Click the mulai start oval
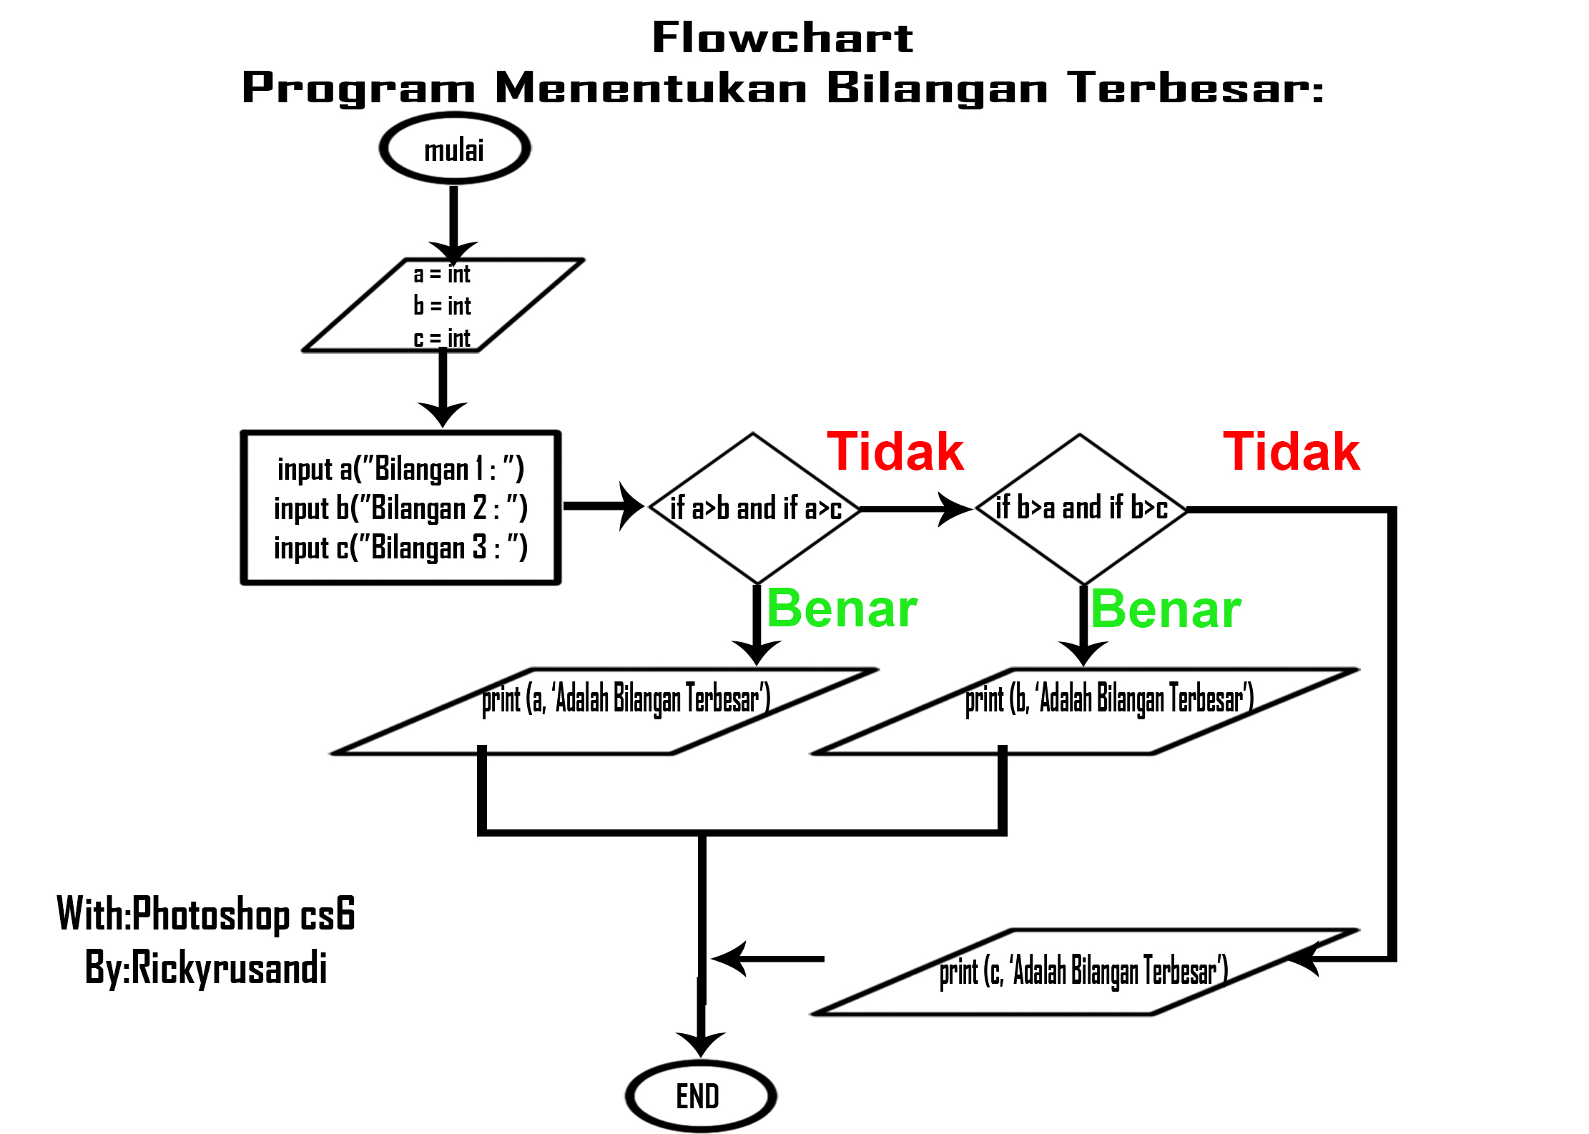[454, 149]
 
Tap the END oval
[700, 1095]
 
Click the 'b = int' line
[442, 306]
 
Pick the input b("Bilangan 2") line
[400, 508]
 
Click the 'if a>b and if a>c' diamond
[755, 508]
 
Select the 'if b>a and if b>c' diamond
[1081, 508]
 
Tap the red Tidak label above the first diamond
[895, 452]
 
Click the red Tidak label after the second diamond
[1291, 452]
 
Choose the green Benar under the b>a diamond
[1166, 610]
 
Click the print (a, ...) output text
[626, 699]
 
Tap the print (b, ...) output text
[1108, 699]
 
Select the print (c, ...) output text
[1083, 972]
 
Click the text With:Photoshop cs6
[206, 914]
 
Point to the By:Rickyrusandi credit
[206, 968]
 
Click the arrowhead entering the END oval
[701, 1044]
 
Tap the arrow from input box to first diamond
[604, 506]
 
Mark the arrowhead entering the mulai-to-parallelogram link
[453, 252]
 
